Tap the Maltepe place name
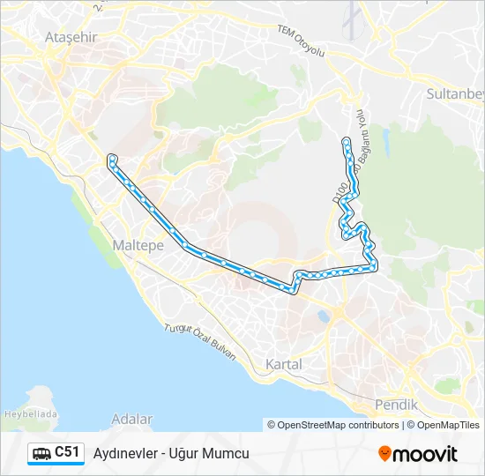[138, 246]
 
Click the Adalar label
[133, 420]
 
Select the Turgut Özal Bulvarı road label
[201, 341]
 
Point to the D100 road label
[339, 193]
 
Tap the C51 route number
[67, 452]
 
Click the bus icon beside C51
[41, 453]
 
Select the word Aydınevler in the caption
[123, 453]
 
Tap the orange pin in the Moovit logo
[384, 454]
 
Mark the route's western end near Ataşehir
[112, 159]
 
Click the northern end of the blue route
[347, 141]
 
